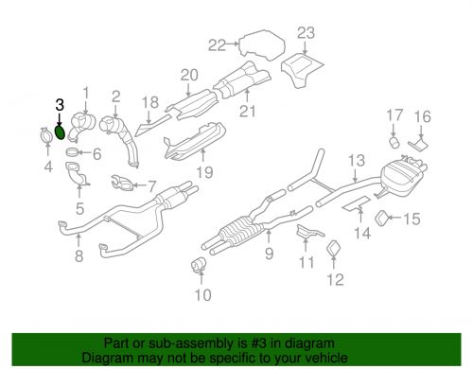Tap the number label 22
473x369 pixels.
[217, 44]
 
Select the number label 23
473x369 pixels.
[305, 33]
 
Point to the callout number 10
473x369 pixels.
[199, 295]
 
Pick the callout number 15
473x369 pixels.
[411, 220]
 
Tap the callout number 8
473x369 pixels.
[79, 255]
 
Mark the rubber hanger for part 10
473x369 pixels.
[201, 262]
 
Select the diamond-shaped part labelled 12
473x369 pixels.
[334, 248]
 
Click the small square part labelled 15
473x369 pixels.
[384, 219]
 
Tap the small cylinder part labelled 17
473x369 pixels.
[395, 142]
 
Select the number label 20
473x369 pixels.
[187, 75]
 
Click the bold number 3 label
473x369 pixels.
[60, 106]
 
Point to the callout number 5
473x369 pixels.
[79, 207]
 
